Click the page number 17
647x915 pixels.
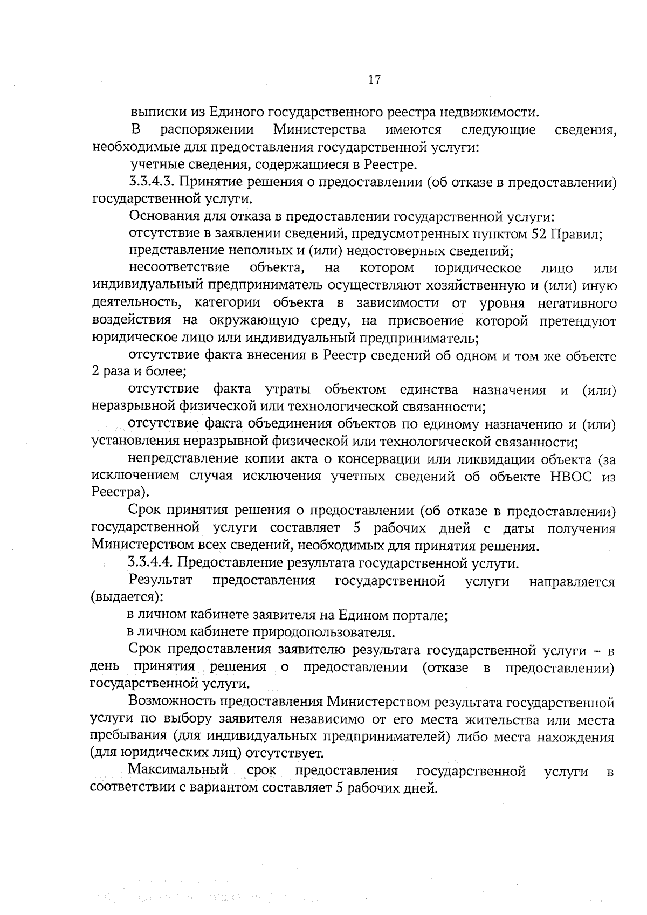tap(375, 80)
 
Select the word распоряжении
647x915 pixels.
tap(207, 130)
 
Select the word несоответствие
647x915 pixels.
tap(179, 267)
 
